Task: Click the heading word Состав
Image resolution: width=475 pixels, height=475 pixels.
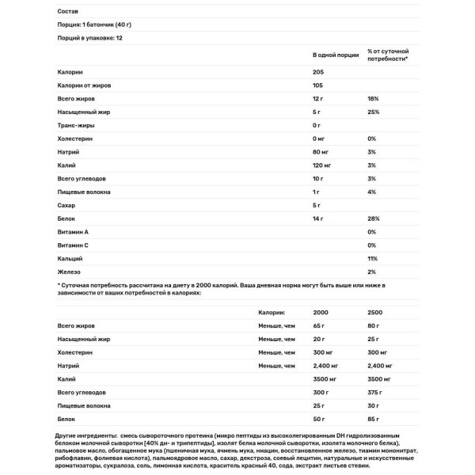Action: (x=69, y=11)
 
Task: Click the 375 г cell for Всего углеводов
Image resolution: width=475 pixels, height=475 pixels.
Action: (x=374, y=392)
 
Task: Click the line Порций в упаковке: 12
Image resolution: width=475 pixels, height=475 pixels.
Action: (x=91, y=37)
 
